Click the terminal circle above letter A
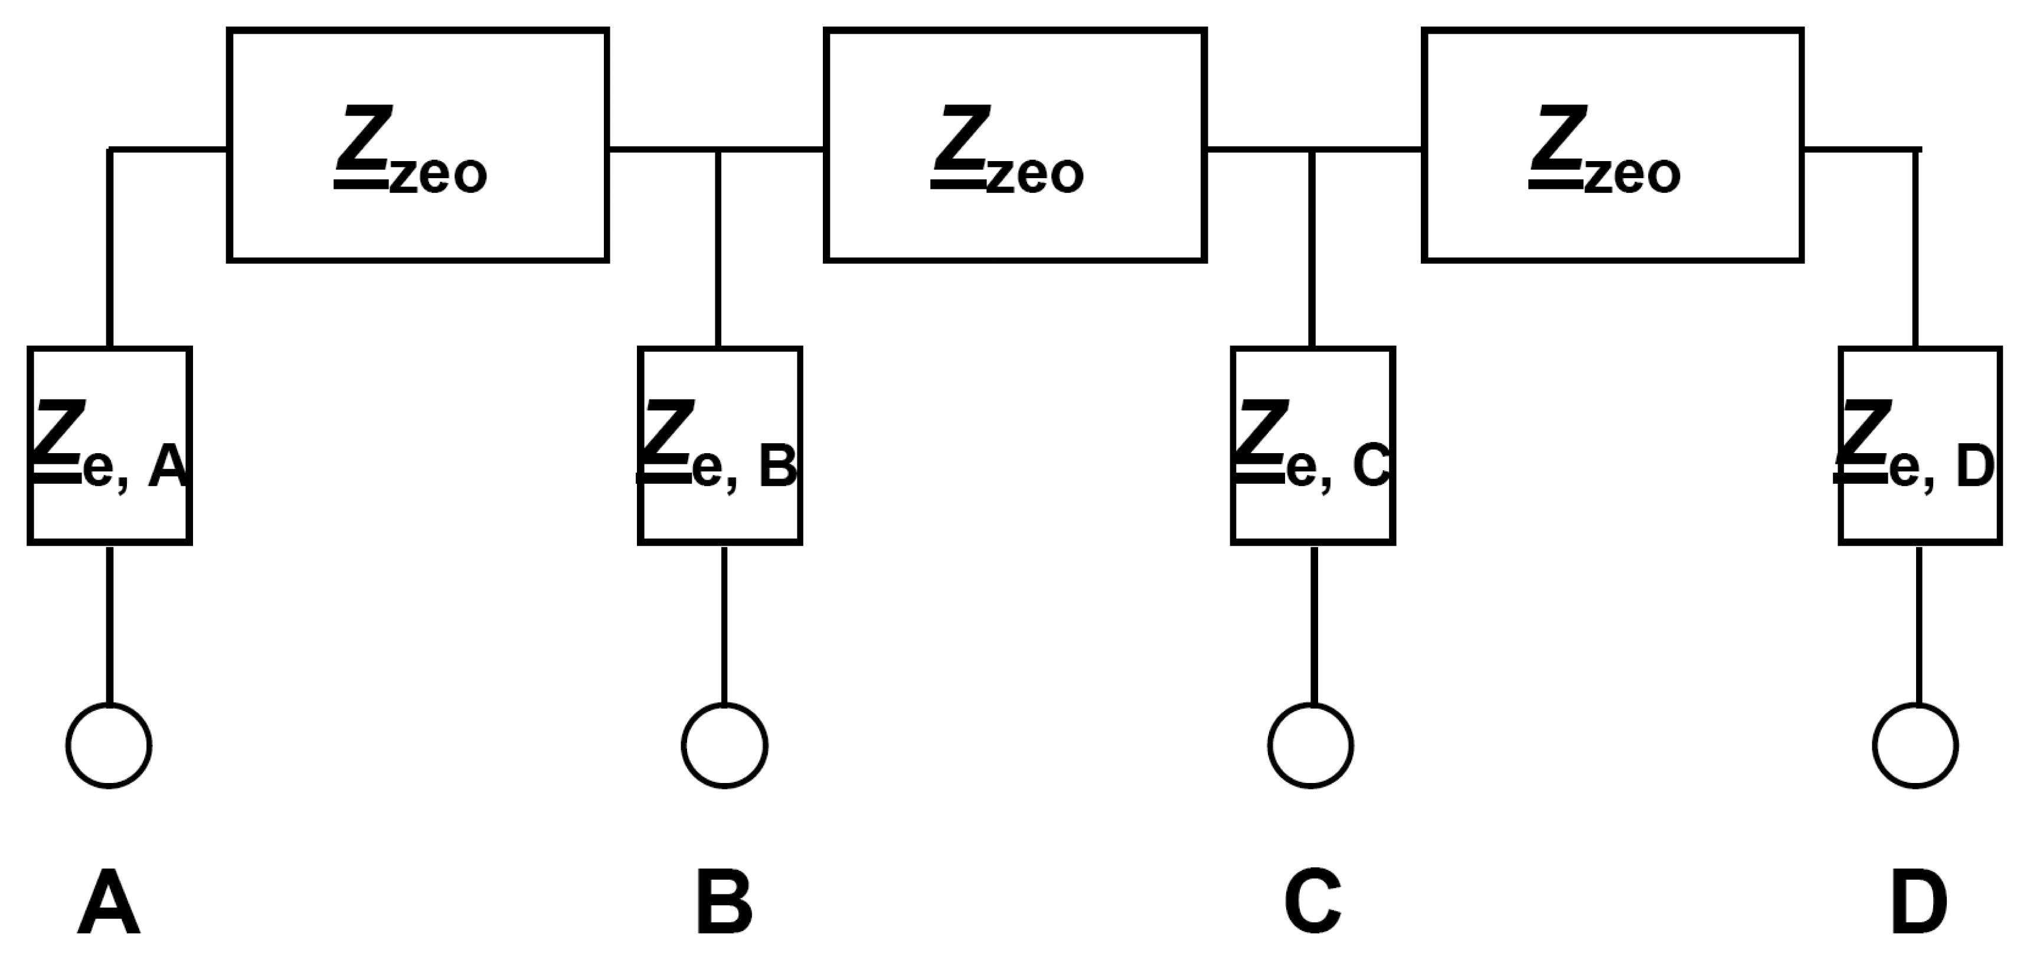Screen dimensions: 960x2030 pyautogui.click(x=109, y=745)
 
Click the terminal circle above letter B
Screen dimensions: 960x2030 pyautogui.click(x=724, y=745)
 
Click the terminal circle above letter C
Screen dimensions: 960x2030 pyautogui.click(x=1310, y=745)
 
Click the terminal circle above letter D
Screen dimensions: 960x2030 pyautogui.click(x=1915, y=745)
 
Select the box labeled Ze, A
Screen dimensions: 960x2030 pyautogui.click(x=110, y=445)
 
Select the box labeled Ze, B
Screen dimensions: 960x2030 pyautogui.click(x=720, y=445)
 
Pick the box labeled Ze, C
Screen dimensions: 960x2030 pyautogui.click(x=1313, y=445)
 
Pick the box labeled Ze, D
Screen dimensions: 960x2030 pyautogui.click(x=1920, y=445)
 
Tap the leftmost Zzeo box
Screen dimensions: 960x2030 pyautogui.click(x=418, y=145)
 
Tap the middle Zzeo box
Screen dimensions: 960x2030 pyautogui.click(x=1015, y=145)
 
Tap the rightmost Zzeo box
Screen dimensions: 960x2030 pyautogui.click(x=1613, y=145)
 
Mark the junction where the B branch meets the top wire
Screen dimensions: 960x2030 pyautogui.click(x=718, y=149)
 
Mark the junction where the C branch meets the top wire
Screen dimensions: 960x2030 pyautogui.click(x=1311, y=149)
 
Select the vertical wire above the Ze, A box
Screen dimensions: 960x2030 pyautogui.click(x=110, y=248)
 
